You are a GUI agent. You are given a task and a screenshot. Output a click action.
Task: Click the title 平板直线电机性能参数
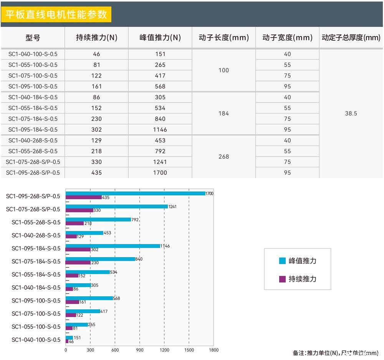point(56,14)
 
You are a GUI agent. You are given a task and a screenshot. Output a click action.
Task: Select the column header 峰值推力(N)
point(160,38)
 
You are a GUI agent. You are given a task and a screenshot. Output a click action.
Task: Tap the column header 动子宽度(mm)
point(287,38)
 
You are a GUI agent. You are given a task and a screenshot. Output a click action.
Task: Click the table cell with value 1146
point(160,130)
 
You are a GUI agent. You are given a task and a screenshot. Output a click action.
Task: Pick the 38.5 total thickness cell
point(351,114)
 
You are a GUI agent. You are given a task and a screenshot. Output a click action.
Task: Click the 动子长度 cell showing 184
point(223,114)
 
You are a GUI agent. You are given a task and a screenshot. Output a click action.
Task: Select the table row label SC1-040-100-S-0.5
point(33,54)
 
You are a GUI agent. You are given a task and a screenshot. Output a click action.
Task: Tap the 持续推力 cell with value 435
point(96,173)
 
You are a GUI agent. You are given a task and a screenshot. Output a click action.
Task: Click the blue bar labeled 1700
point(135,193)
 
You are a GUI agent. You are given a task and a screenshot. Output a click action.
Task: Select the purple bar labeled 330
point(79,210)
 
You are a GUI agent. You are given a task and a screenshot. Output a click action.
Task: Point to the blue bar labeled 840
point(100,259)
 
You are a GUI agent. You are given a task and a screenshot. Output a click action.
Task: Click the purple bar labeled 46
point(67,341)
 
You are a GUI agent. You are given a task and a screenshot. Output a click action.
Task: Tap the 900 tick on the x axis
point(139,350)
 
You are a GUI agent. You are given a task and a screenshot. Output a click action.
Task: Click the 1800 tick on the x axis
point(214,350)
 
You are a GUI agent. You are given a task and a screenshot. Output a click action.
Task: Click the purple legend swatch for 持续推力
point(282,279)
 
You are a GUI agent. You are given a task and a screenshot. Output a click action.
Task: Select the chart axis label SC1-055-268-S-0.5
point(36,222)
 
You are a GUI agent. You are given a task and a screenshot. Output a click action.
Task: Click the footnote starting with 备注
point(336,353)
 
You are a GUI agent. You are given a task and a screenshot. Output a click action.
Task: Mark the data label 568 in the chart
point(117,298)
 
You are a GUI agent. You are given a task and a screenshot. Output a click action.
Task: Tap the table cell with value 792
point(160,151)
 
